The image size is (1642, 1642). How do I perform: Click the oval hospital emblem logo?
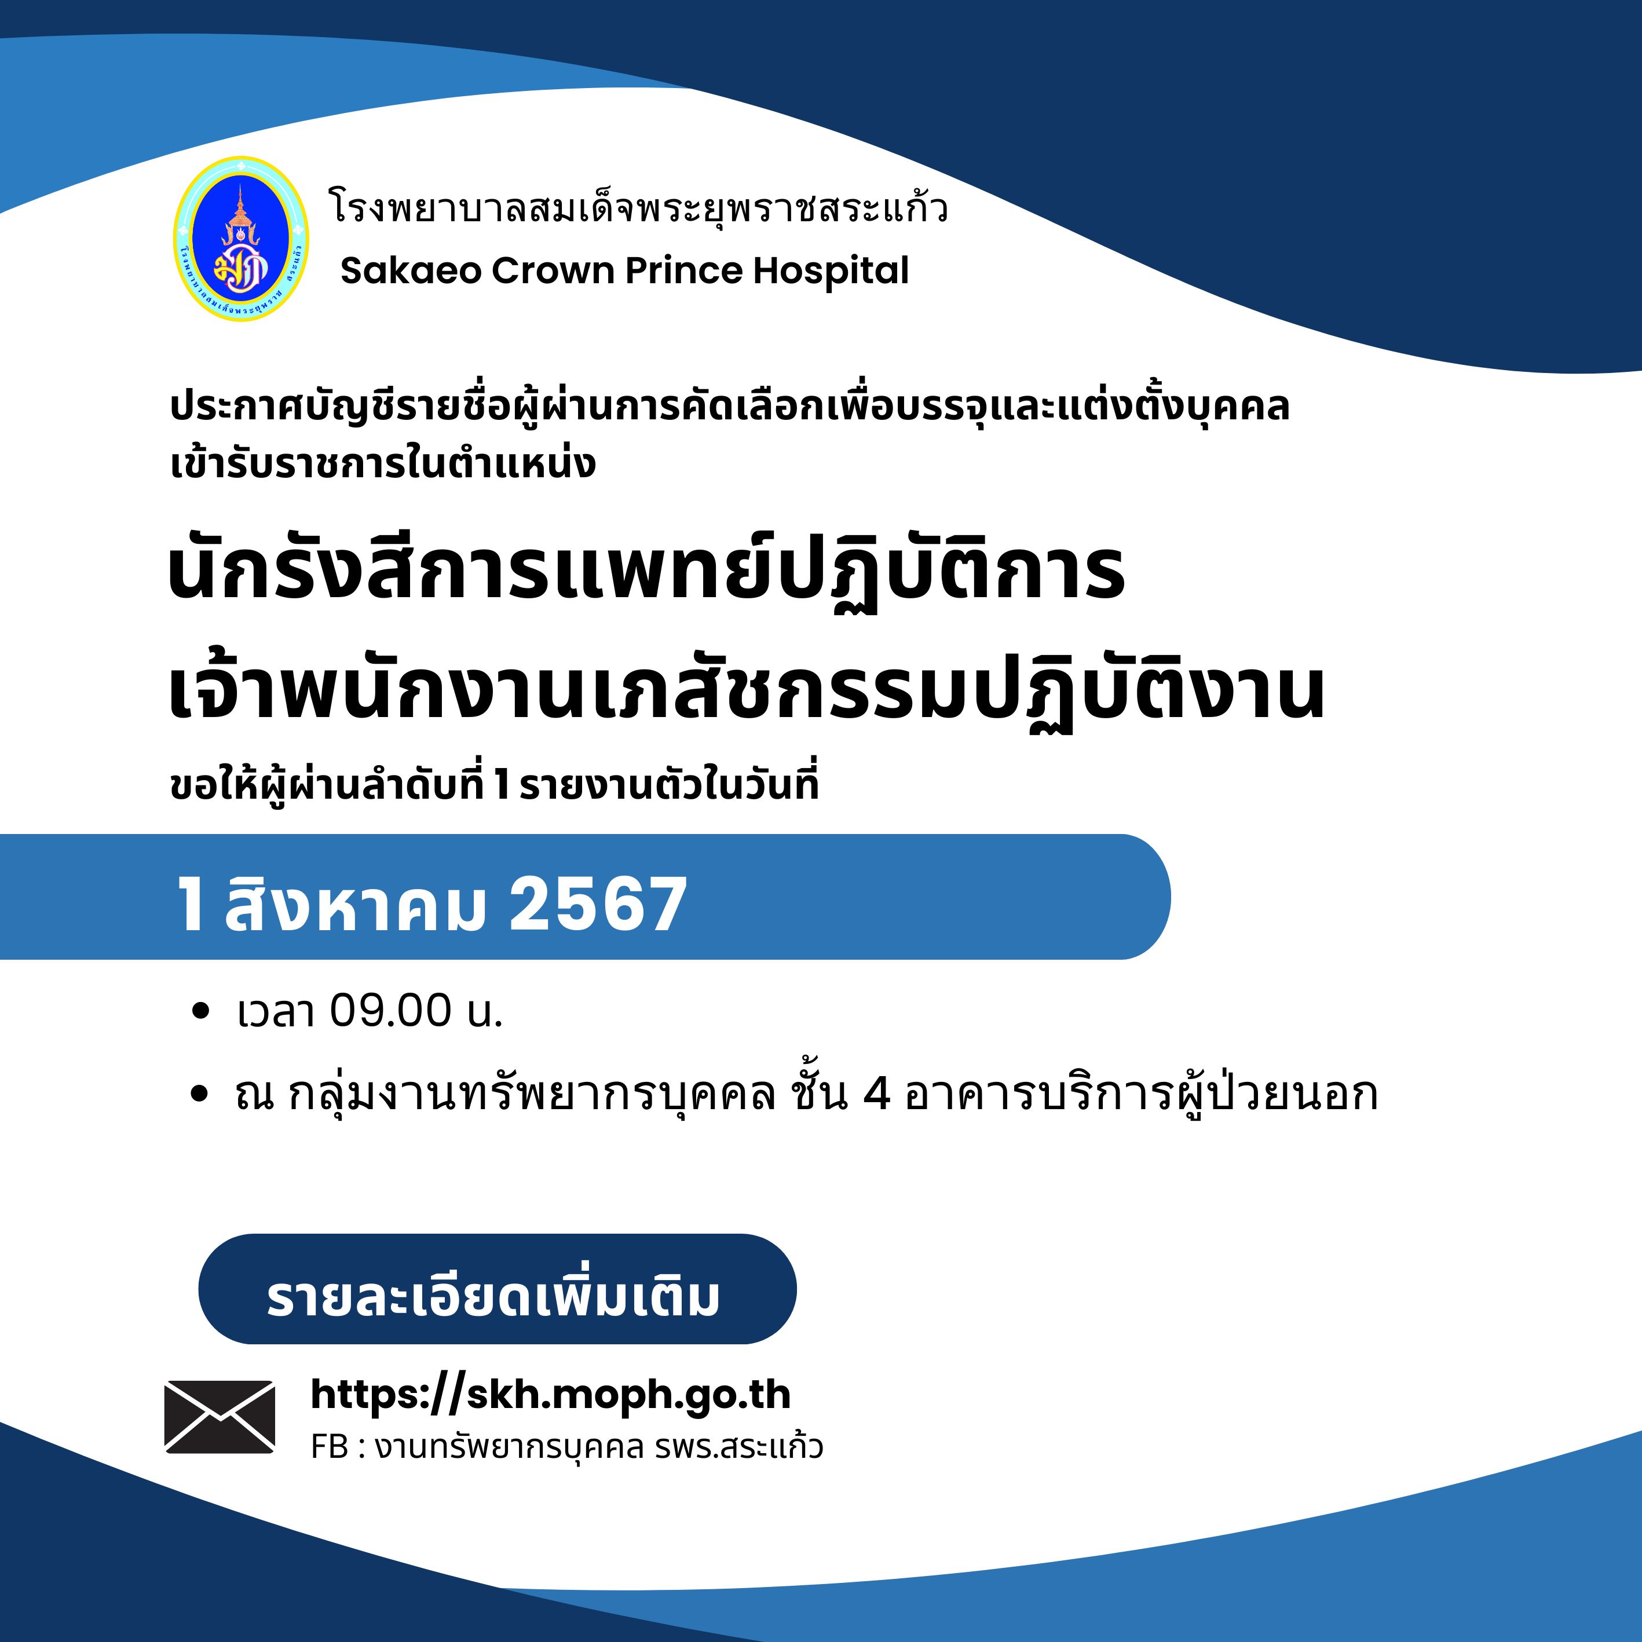coord(240,239)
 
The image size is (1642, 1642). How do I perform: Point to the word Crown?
coord(553,271)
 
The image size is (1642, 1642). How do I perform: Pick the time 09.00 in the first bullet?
coord(391,1011)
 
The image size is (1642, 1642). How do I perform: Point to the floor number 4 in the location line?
coord(876,1094)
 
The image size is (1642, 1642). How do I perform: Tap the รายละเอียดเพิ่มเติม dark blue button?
coord(497,1289)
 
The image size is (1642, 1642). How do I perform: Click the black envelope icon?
coord(220,1417)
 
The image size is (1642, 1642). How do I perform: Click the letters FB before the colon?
coord(330,1447)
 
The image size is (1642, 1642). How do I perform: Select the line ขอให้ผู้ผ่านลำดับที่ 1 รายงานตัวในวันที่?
coord(495,784)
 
